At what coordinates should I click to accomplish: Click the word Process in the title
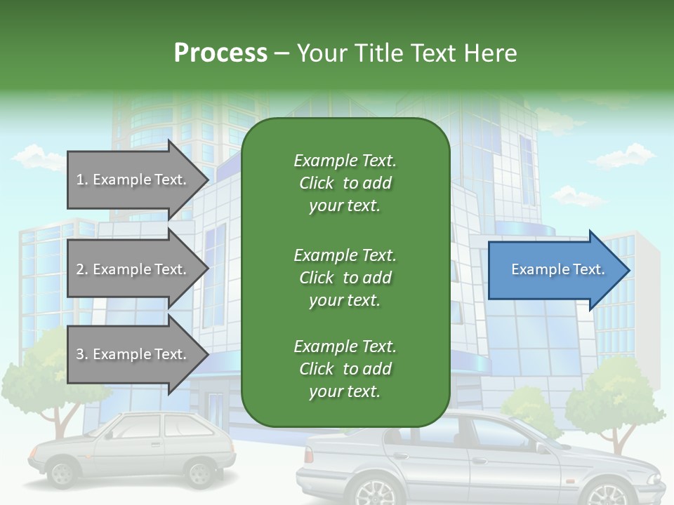pyautogui.click(x=220, y=53)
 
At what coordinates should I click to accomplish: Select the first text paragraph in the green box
pyautogui.click(x=345, y=183)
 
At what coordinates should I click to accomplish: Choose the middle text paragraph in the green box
pyautogui.click(x=345, y=277)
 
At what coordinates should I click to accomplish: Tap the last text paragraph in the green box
pyautogui.click(x=345, y=369)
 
